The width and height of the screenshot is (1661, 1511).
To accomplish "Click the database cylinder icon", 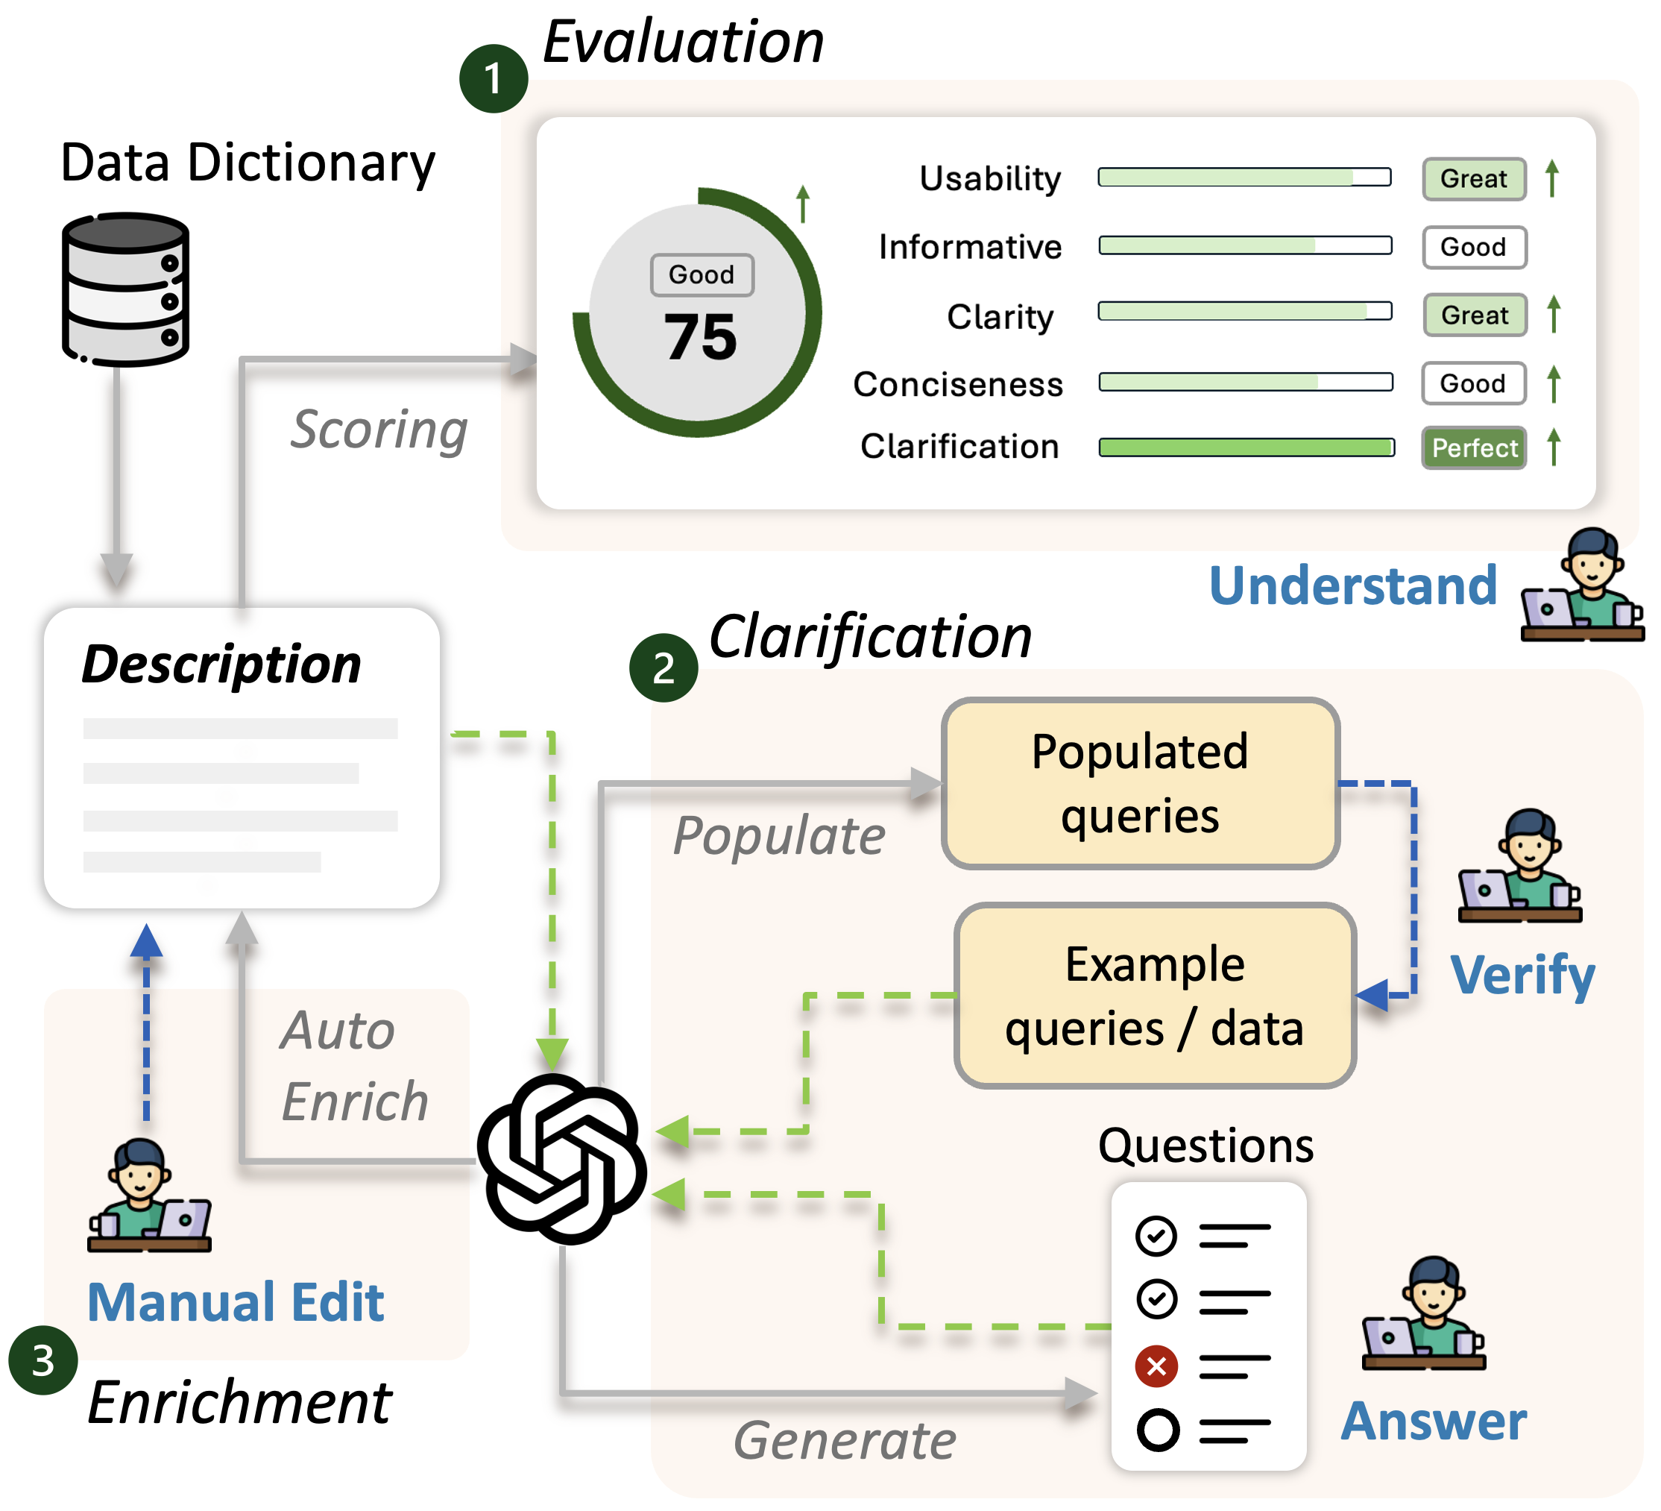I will [x=126, y=291].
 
